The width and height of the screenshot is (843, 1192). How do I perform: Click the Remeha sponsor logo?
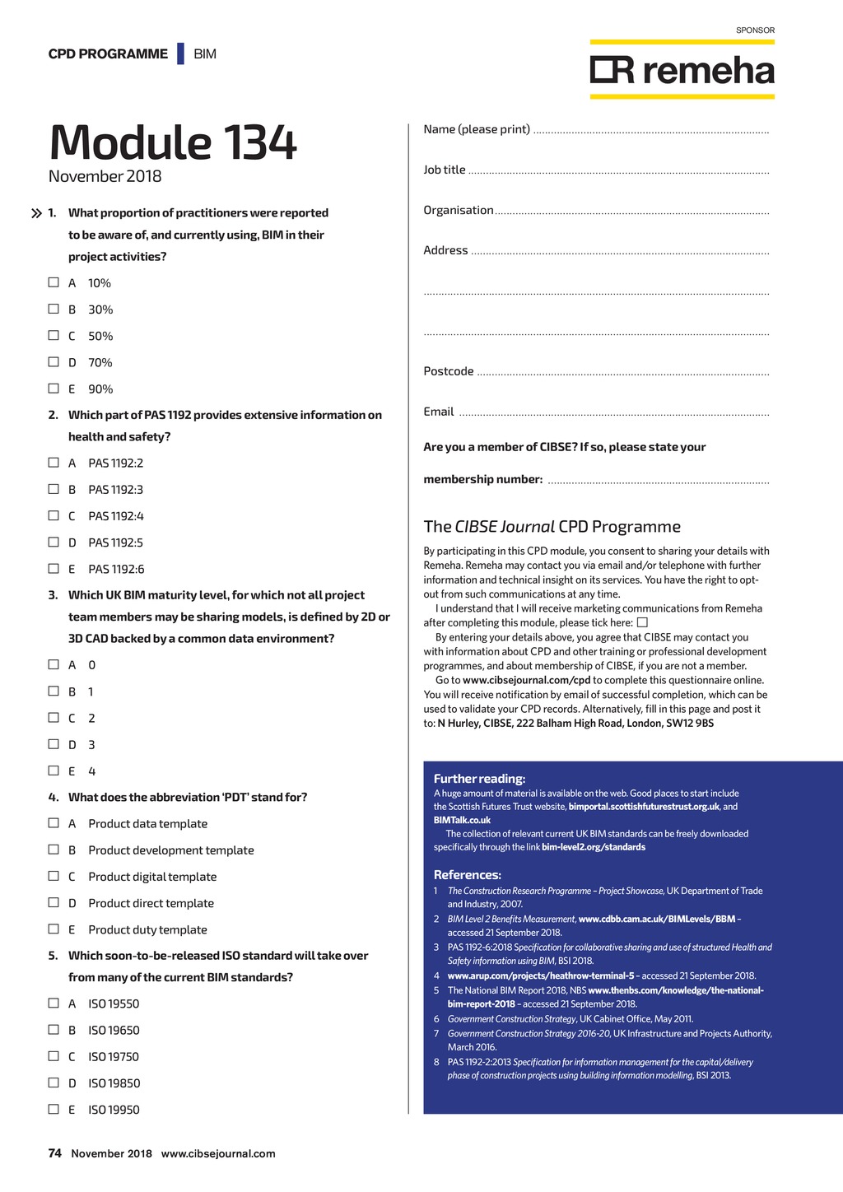click(x=682, y=71)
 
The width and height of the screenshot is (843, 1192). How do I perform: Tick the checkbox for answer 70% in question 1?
click(x=54, y=362)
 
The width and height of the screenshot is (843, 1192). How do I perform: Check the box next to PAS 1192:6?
click(x=54, y=569)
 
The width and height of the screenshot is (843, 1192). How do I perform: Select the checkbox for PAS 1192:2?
click(x=54, y=463)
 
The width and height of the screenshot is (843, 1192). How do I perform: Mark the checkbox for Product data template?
click(x=54, y=823)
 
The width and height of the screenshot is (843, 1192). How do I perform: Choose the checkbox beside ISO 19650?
click(x=54, y=1030)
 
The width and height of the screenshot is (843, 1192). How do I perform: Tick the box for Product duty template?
click(x=54, y=929)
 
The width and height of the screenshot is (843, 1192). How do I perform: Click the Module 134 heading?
click(x=172, y=142)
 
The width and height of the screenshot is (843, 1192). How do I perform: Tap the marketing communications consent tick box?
click(x=642, y=622)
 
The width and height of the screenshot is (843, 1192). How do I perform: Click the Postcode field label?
click(x=448, y=371)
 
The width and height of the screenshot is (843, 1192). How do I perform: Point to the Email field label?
click(x=438, y=412)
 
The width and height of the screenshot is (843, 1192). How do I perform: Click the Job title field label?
click(x=444, y=170)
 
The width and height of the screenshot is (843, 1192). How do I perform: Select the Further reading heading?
click(x=479, y=779)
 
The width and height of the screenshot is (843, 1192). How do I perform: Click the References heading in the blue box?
click(x=467, y=875)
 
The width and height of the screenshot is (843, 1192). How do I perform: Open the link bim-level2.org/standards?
click(x=593, y=847)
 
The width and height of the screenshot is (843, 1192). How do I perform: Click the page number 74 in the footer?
click(x=54, y=1153)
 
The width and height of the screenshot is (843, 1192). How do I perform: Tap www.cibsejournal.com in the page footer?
click(x=218, y=1153)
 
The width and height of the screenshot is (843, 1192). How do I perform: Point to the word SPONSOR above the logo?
click(x=755, y=30)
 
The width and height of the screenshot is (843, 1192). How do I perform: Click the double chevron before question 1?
click(x=36, y=213)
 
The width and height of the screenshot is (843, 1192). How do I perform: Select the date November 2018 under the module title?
click(x=105, y=176)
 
